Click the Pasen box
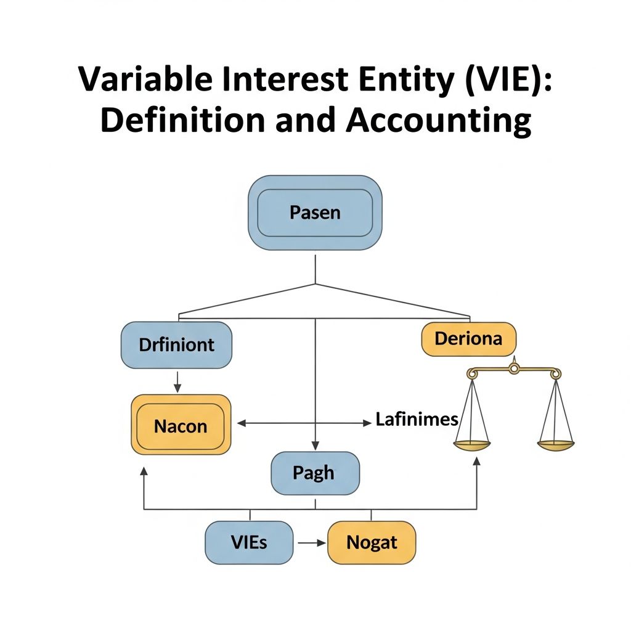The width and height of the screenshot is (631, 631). point(315,213)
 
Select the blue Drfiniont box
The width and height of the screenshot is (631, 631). point(176,344)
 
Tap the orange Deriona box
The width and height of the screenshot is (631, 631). point(468,339)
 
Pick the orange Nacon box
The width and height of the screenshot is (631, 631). point(181,426)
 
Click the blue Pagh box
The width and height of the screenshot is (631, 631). point(315,473)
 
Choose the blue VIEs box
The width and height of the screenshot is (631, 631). point(249,542)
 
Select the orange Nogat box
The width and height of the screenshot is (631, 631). point(372,542)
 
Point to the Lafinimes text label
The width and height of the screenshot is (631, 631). point(417,420)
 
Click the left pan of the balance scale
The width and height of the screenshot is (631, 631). point(472,443)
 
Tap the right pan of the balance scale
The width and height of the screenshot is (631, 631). point(556,443)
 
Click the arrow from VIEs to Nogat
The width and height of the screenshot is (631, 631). point(311,543)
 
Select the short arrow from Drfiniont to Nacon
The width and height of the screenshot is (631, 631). point(177,381)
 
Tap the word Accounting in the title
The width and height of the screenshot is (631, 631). point(438,120)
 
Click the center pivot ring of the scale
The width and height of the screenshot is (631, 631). point(513,369)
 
